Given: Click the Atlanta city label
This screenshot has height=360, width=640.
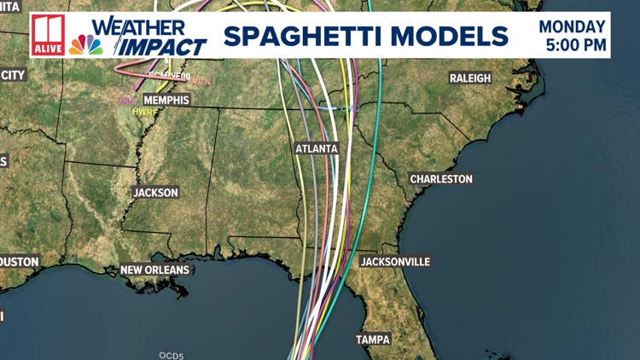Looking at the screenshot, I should click(x=317, y=148).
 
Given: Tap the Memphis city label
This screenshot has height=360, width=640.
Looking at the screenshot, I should click(x=166, y=100).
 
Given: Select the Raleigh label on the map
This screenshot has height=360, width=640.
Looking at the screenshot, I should click(x=470, y=78).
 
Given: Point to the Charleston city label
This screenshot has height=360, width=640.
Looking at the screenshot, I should click(x=440, y=179).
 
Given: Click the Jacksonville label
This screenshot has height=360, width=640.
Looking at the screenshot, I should click(x=395, y=261).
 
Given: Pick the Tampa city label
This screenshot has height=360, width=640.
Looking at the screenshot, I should click(x=373, y=340).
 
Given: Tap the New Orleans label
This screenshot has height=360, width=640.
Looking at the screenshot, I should click(x=154, y=270).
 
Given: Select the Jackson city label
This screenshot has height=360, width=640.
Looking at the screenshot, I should click(x=155, y=193).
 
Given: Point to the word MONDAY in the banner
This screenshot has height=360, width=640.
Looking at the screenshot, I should click(x=573, y=26).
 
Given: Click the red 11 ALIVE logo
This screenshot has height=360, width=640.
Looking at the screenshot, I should click(x=48, y=37).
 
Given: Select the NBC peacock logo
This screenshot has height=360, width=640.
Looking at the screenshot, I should click(x=86, y=44).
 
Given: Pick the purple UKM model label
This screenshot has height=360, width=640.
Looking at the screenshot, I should click(x=125, y=101).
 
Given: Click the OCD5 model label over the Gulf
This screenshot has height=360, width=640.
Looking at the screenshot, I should click(x=172, y=355).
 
